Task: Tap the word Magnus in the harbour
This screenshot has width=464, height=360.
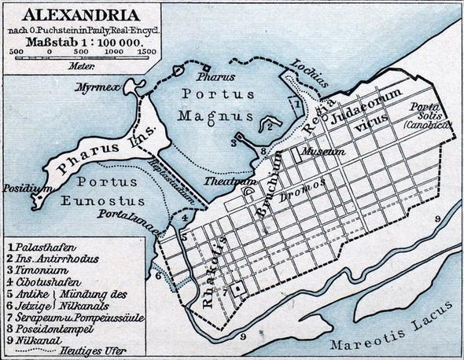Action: [221, 117]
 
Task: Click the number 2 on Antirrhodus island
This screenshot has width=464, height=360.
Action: [268, 126]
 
